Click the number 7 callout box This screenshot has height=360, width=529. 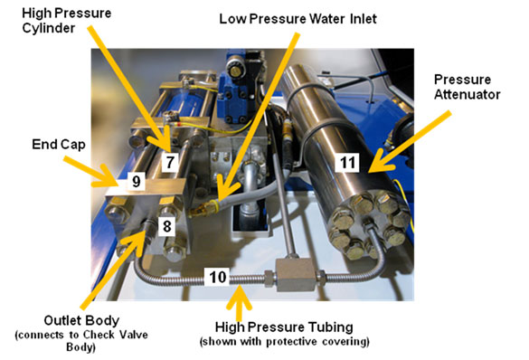coord(170,162)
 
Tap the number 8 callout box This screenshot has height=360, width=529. coord(167,226)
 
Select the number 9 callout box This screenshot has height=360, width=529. coord(136,181)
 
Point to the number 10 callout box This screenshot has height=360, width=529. coord(217,277)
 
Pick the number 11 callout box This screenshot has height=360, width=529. coord(347,163)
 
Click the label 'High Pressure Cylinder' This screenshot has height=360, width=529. coord(66,21)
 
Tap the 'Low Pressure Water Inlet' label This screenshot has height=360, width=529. coord(298,19)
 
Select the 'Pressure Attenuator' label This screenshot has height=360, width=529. coord(467,87)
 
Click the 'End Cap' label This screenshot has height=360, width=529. coord(59,145)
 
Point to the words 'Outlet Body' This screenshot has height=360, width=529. coord(81,320)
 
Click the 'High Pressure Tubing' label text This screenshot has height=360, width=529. coord(284,327)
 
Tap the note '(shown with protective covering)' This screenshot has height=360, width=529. coord(285,341)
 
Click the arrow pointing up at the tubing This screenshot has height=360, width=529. coord(239,304)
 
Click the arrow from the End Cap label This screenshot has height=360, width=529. coord(90,172)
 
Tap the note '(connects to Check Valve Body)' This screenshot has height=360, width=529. coord(81,341)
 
